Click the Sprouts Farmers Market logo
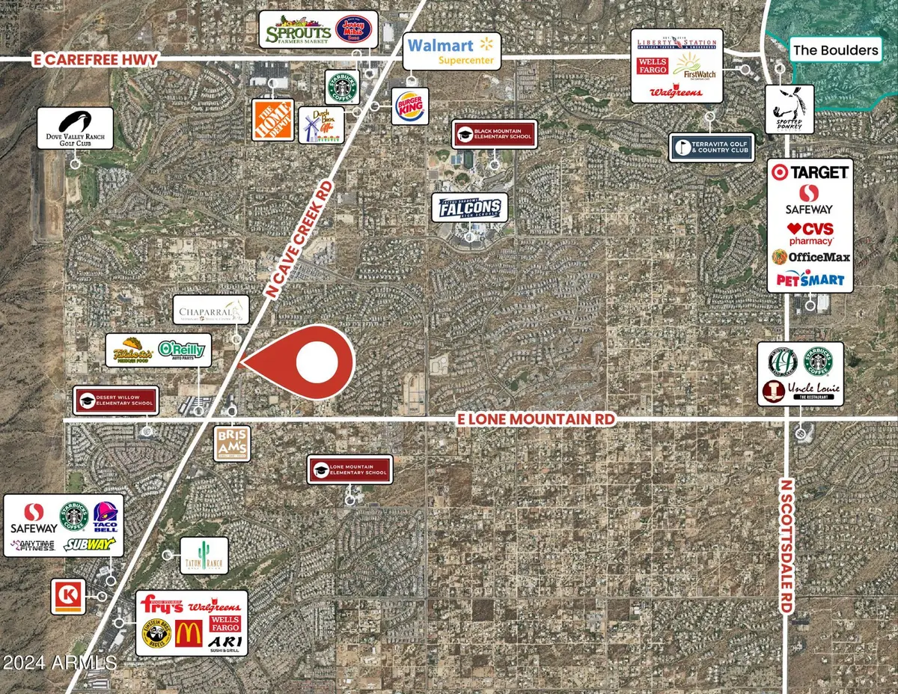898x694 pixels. coord(299,31)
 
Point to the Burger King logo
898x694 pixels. coord(411,106)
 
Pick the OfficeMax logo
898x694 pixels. coord(810,257)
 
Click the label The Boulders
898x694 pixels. coord(836,50)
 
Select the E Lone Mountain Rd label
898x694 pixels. coord(536,420)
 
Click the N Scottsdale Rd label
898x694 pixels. coord(785,547)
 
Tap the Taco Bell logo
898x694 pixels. coord(105,517)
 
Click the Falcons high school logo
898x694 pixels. coord(469,208)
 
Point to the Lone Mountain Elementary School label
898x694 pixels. coord(350,469)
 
